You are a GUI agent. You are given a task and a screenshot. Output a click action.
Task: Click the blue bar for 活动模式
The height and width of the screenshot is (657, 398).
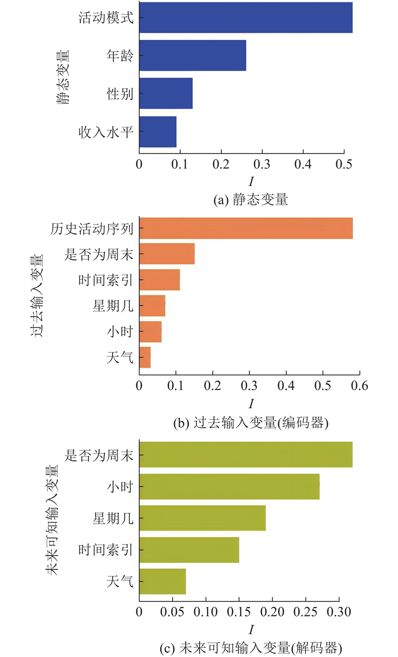coord(246,17)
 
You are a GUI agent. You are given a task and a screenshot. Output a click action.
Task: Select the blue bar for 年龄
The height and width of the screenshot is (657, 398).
coord(193,55)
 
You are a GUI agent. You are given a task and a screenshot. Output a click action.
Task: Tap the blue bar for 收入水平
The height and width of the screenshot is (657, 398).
coord(158,131)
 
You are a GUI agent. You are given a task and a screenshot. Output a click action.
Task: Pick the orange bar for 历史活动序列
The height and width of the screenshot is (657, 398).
coord(246,228)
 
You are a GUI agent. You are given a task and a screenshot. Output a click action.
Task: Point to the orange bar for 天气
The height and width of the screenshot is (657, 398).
coord(145,357)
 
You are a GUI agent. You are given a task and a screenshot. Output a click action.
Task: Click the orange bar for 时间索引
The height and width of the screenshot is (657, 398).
coord(159,280)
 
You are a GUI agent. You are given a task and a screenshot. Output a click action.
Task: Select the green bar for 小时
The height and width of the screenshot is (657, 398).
coord(229,486)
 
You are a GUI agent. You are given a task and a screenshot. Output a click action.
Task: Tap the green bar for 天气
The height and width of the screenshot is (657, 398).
coord(162,581)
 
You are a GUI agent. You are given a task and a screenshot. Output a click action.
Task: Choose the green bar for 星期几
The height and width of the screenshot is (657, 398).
coord(202,518)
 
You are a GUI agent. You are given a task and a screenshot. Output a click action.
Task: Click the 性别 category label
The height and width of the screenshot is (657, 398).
coord(120,94)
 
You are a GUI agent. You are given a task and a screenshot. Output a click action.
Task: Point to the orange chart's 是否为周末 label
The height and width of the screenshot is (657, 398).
coord(99,254)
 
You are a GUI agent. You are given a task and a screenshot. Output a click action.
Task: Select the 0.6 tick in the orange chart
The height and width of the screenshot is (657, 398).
coord(360,386)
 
